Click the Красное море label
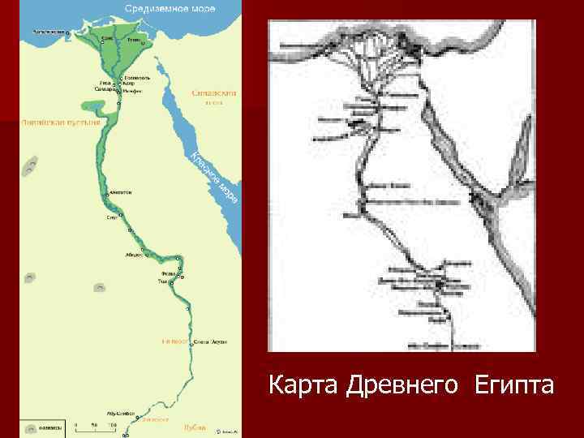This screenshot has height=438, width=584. [x=215, y=175]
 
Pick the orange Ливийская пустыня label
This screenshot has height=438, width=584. [x=62, y=122]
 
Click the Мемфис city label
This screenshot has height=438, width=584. [x=133, y=91]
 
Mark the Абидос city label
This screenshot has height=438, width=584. [x=134, y=254]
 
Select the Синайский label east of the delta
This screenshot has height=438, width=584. [x=213, y=93]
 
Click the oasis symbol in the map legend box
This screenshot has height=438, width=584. [x=28, y=424]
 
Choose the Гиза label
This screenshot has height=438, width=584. [x=105, y=82]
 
